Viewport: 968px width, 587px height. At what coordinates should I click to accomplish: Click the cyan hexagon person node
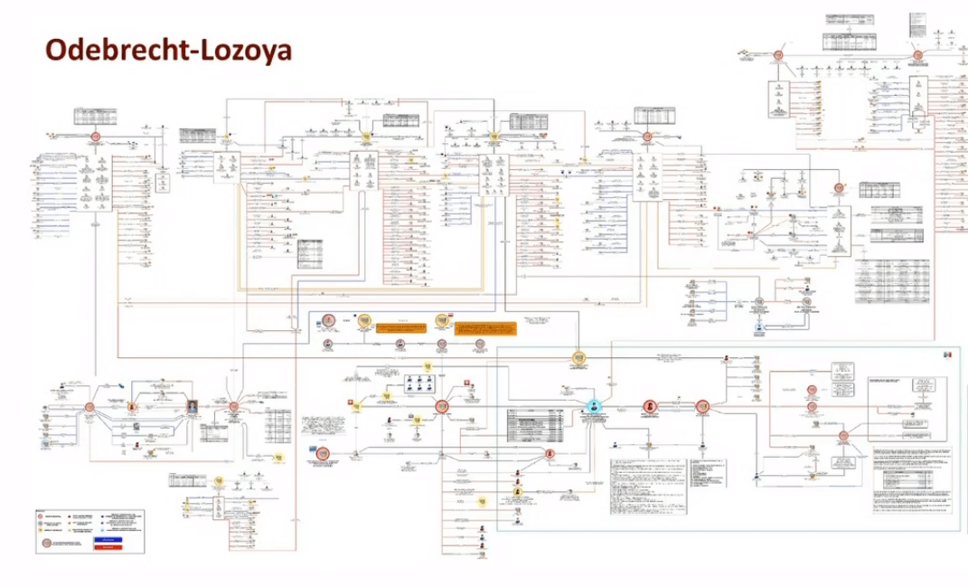pos(594,406)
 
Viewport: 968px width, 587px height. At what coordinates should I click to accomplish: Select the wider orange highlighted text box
pos(399,326)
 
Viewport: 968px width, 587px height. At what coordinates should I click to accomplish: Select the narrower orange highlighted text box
pos(484,326)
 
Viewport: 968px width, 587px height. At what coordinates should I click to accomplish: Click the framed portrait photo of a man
pos(193,406)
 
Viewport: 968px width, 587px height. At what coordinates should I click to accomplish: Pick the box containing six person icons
pos(418,383)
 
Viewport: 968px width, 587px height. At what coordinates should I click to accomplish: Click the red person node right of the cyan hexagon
pos(649,407)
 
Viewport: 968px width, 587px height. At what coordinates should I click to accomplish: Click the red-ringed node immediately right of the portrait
pos(233,407)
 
